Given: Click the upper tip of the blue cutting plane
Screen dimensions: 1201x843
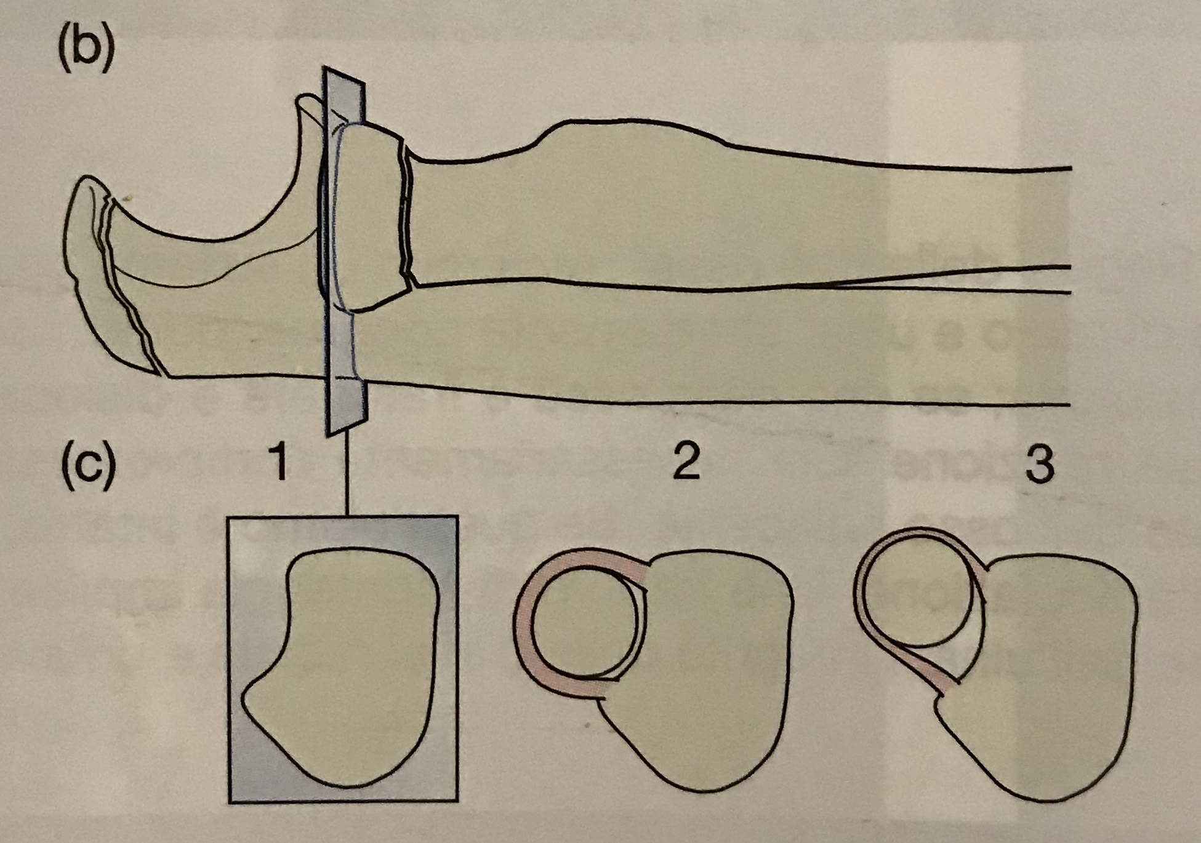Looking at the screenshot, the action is (x=326, y=68).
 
